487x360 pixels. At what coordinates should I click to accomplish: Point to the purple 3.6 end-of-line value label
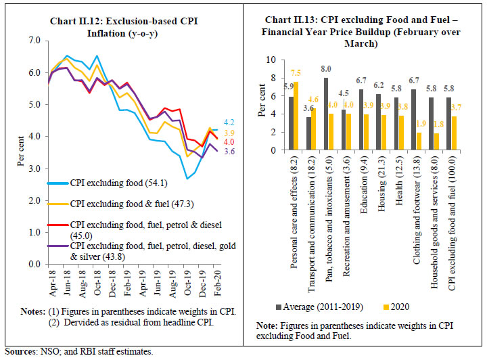pyautogui.click(x=229, y=152)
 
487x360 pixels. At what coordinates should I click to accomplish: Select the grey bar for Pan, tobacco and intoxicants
pyautogui.click(x=327, y=112)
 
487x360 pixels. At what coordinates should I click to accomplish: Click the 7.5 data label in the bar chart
pyautogui.click(x=296, y=74)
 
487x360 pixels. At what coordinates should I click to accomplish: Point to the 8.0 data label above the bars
pyautogui.click(x=326, y=69)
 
